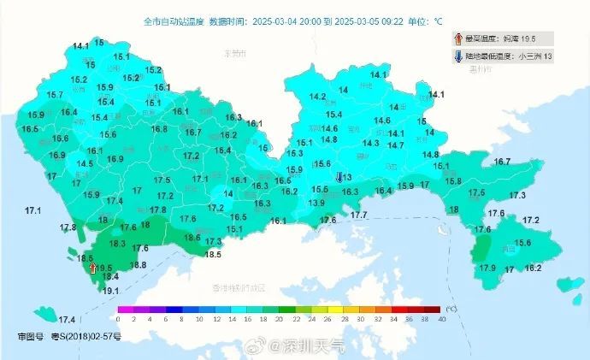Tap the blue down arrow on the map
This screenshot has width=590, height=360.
tap(340, 177)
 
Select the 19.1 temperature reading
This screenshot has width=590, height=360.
tap(110, 291)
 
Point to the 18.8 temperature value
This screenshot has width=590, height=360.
tap(138, 265)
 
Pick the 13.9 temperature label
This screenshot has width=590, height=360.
tap(316, 203)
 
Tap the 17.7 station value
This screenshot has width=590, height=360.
tap(359, 215)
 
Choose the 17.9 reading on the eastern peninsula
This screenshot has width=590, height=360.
tap(487, 269)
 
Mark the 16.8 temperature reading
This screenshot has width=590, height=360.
tap(159, 129)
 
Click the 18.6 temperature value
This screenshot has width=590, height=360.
tap(192, 238)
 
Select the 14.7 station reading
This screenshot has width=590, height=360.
tap(396, 145)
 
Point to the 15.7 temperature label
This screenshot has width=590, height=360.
tap(56, 95)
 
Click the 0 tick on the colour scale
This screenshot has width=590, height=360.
tap(118, 318)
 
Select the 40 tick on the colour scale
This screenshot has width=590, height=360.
tap(441, 318)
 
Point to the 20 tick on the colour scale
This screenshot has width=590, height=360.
tap(280, 318)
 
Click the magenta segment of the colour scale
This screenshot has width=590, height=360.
tap(126, 309)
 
